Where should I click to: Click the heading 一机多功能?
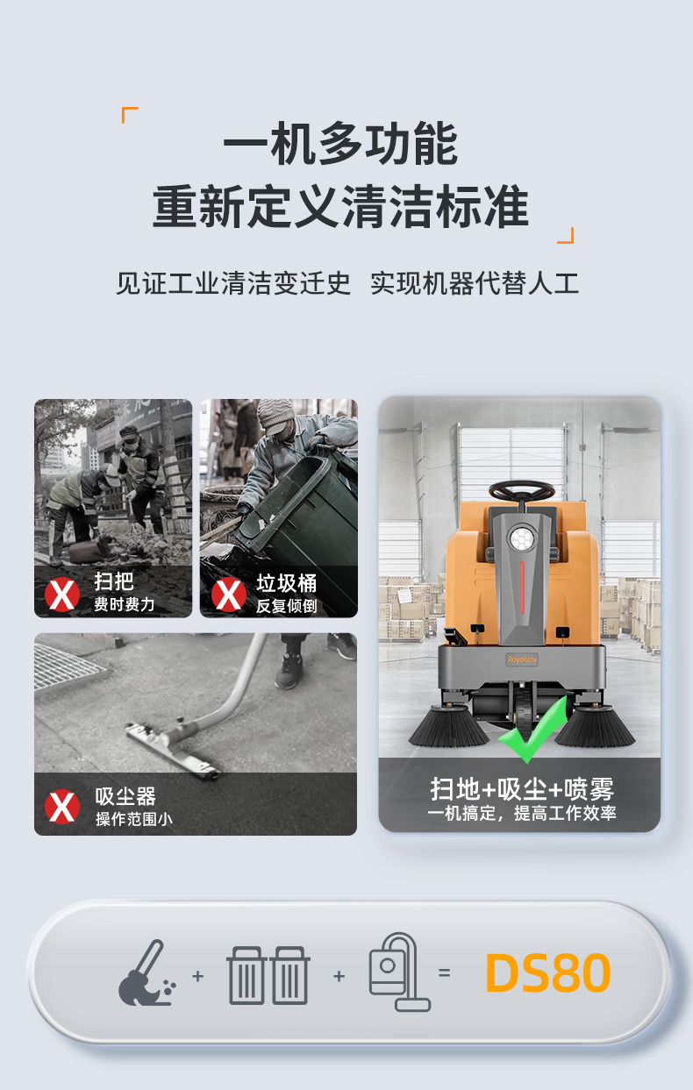pos(340,146)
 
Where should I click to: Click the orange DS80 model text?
pos(547,973)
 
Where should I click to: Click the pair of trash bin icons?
pos(268,975)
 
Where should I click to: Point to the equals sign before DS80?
pos(444,973)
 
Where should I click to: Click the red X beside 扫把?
pos(62,594)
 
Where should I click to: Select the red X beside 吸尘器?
pos(62,806)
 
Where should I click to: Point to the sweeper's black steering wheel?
pos(521,492)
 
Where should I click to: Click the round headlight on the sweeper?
pos(523,538)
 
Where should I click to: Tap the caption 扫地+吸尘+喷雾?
pos(521,788)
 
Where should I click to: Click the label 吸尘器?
pos(125,796)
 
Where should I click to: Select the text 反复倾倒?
pos(286,606)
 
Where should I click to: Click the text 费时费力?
pos(124,604)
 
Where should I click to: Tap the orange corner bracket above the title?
pos(130,115)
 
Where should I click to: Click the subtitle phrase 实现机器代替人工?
pos(475,284)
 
